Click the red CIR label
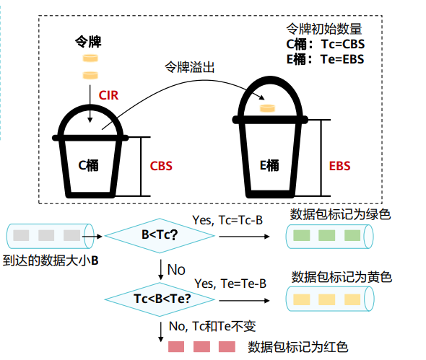click(x=108, y=95)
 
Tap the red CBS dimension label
click(x=161, y=166)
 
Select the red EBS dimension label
click(x=339, y=166)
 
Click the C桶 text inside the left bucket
click(x=88, y=165)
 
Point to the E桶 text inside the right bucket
click(x=269, y=165)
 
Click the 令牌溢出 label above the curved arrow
click(x=190, y=67)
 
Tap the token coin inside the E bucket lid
click(x=267, y=108)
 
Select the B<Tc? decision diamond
click(x=160, y=235)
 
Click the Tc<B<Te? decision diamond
click(x=160, y=299)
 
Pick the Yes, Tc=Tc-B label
click(x=227, y=220)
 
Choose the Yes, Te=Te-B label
click(x=230, y=284)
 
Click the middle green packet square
click(x=326, y=235)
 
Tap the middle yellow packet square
click(x=326, y=299)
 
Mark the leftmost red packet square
click(x=176, y=347)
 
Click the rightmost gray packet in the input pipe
click(x=71, y=235)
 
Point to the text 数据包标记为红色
click(x=297, y=347)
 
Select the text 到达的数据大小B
click(x=51, y=260)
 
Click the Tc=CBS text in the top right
click(x=342, y=44)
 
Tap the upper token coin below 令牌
click(x=90, y=58)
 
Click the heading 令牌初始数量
click(x=324, y=29)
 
